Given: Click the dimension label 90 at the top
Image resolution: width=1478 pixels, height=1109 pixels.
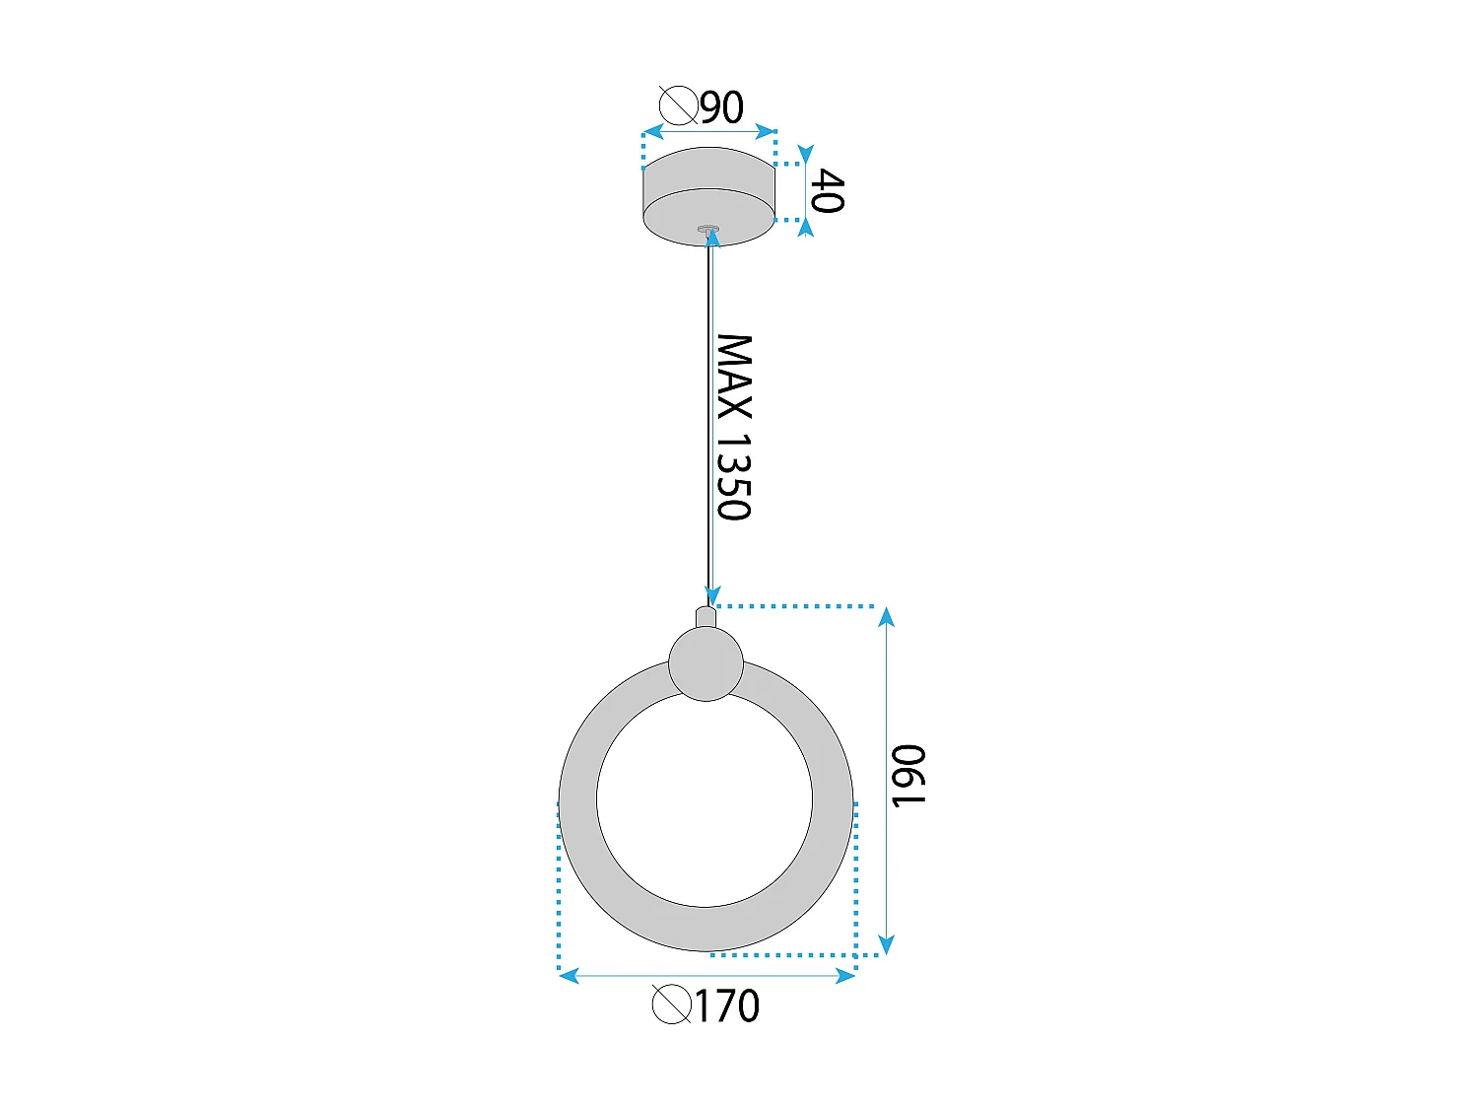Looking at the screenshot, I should pos(723,106).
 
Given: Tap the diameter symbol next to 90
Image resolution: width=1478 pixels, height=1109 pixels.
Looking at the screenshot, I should pos(678,104).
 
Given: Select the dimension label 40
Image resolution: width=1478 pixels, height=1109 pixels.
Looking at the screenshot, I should pos(826,191).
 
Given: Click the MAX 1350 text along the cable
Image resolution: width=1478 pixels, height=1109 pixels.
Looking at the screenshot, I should pos(733,427).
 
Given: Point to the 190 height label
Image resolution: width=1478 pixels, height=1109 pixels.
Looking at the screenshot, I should pos(907,776).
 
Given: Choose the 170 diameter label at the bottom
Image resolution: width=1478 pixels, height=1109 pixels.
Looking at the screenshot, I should pos(727,1006).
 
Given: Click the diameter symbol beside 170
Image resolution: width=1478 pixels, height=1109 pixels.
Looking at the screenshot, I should pos(671,1005).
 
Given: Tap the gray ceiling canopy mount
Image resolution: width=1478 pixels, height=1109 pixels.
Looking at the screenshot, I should pos(708,196).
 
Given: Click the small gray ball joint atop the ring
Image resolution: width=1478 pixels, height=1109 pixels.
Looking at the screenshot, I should pos(705,663).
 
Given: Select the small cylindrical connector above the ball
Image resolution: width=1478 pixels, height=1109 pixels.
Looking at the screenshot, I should pos(705,617).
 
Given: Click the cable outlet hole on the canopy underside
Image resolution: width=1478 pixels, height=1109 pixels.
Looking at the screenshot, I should pos(708,230).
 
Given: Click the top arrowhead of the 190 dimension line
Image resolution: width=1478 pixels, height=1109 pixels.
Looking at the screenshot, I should pos(887,617).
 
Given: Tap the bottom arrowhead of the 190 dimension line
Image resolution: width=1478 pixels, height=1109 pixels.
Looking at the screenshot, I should pos(887,944).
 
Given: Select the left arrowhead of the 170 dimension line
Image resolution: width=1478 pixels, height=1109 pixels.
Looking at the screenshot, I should pos(569,976).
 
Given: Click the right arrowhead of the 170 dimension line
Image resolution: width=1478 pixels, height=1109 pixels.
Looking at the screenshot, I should pos(845,976).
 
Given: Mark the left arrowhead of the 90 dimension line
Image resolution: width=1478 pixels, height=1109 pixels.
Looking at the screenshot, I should pos(651,132).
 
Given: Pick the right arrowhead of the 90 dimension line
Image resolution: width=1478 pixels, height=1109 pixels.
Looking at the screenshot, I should pos(766,132).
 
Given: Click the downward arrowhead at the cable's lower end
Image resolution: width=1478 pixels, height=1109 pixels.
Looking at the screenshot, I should pos(712,596).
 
